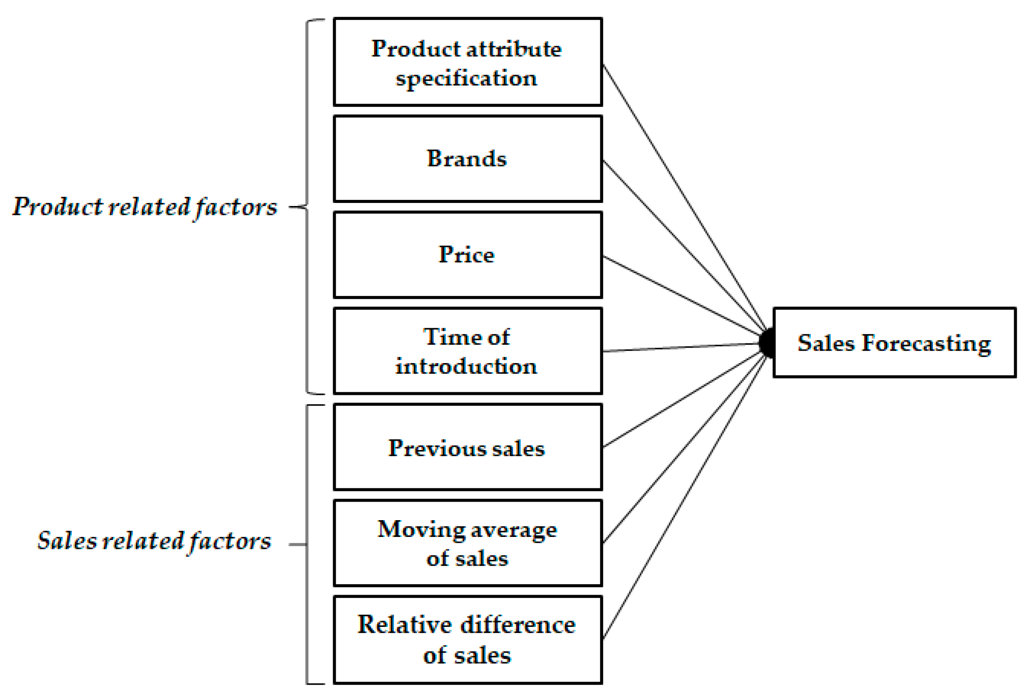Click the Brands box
pos(468,159)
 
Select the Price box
pos(468,255)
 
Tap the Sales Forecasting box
pos(894,342)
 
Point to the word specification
pos(466,79)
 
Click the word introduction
pos(466,367)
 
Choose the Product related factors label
pos(145,207)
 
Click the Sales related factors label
pos(154,540)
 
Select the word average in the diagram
pos(513,530)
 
